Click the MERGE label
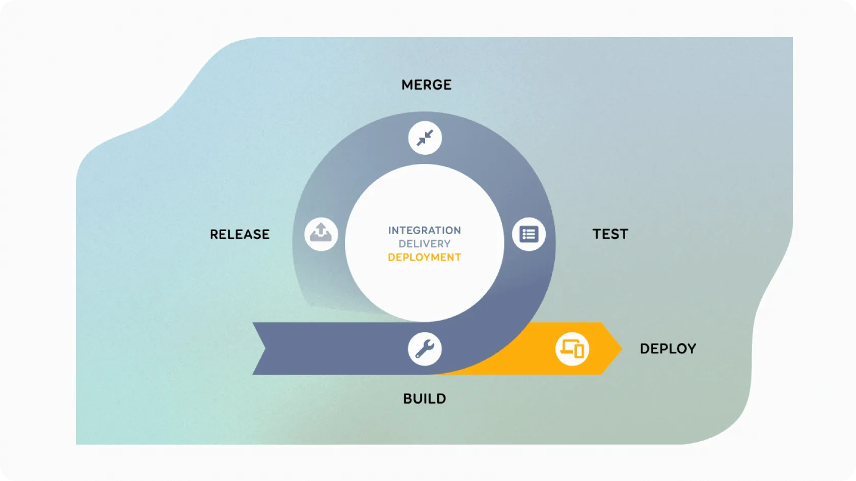[426, 84]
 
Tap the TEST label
[610, 234]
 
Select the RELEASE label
[239, 234]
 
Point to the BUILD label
[424, 399]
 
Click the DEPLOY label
[667, 349]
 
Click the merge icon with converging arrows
[425, 138]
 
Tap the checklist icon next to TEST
[529, 234]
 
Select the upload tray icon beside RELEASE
[321, 234]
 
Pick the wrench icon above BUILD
[424, 349]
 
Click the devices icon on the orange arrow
[572, 349]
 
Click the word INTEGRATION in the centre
[424, 231]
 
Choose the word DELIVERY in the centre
[424, 244]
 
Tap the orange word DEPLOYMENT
[424, 258]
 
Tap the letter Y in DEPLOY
[691, 349]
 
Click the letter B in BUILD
[407, 399]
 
